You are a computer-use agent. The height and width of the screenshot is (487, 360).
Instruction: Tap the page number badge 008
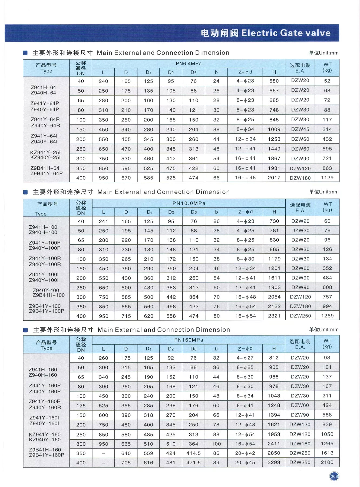coord(334,476)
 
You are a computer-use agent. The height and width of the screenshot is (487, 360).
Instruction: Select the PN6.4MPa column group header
coord(189,64)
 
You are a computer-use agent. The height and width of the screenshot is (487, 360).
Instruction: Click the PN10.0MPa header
coord(189,203)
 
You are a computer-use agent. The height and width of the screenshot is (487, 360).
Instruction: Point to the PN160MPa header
coord(189,340)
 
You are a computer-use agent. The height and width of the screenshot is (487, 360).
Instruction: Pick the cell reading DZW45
coord(300,129)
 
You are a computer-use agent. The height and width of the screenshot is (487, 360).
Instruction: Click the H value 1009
coord(274,129)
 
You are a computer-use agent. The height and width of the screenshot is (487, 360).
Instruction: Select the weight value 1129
coord(327,178)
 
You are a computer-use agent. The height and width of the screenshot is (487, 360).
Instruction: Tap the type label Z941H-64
coord(43,87)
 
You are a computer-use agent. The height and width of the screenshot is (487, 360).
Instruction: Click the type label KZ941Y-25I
coord(45,152)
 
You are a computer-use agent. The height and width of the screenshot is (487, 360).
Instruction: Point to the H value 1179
coord(274,259)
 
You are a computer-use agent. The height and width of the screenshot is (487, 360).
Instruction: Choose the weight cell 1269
coord(327,316)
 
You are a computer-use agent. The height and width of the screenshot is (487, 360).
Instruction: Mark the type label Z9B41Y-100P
coord(47,311)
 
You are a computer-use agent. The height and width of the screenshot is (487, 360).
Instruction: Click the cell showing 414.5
coord(193,453)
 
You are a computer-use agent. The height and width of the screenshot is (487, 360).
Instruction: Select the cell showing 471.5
coord(193,463)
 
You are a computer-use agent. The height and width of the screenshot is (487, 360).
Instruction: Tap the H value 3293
coord(274,463)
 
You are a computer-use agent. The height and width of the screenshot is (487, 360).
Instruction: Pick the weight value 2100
coord(327,463)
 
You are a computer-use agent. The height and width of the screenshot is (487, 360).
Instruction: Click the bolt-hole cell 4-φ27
coord(245,358)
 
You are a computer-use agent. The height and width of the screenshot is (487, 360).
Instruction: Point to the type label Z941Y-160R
coord(45,402)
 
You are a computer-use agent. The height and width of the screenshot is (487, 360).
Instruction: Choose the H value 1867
coord(274,159)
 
